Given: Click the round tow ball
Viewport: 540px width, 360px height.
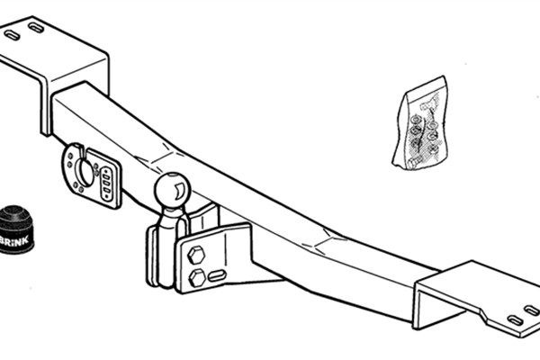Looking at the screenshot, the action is click(x=172, y=191).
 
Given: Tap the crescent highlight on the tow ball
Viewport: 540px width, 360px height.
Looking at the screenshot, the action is click(x=179, y=192).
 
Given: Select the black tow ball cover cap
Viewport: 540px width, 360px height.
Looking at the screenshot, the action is click(x=15, y=229).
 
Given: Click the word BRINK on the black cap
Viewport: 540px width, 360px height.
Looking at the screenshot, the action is click(x=14, y=240).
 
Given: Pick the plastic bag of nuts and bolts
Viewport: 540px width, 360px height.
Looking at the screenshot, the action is click(x=421, y=123).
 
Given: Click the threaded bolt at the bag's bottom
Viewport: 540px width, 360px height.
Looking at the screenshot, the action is click(x=415, y=161).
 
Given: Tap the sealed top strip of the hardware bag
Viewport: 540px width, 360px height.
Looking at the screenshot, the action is click(x=427, y=85).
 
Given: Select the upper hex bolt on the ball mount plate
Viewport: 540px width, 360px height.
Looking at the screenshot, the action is click(x=196, y=256).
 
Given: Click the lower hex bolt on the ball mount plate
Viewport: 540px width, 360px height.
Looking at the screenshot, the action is click(x=197, y=278).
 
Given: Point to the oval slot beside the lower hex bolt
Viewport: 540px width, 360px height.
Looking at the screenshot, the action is click(x=217, y=275).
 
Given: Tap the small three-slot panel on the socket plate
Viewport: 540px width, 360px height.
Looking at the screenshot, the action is click(x=106, y=184).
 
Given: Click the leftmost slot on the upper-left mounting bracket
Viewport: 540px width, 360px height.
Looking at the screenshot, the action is click(x=12, y=35).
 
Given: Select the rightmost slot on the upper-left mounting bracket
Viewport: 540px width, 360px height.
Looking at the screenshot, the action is click(x=36, y=28).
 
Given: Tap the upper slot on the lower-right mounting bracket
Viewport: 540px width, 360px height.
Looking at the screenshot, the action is click(x=531, y=310).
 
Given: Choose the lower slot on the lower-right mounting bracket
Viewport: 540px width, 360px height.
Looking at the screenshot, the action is click(x=516, y=320).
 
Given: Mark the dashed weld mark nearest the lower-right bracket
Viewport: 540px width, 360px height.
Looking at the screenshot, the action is click(x=324, y=240).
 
